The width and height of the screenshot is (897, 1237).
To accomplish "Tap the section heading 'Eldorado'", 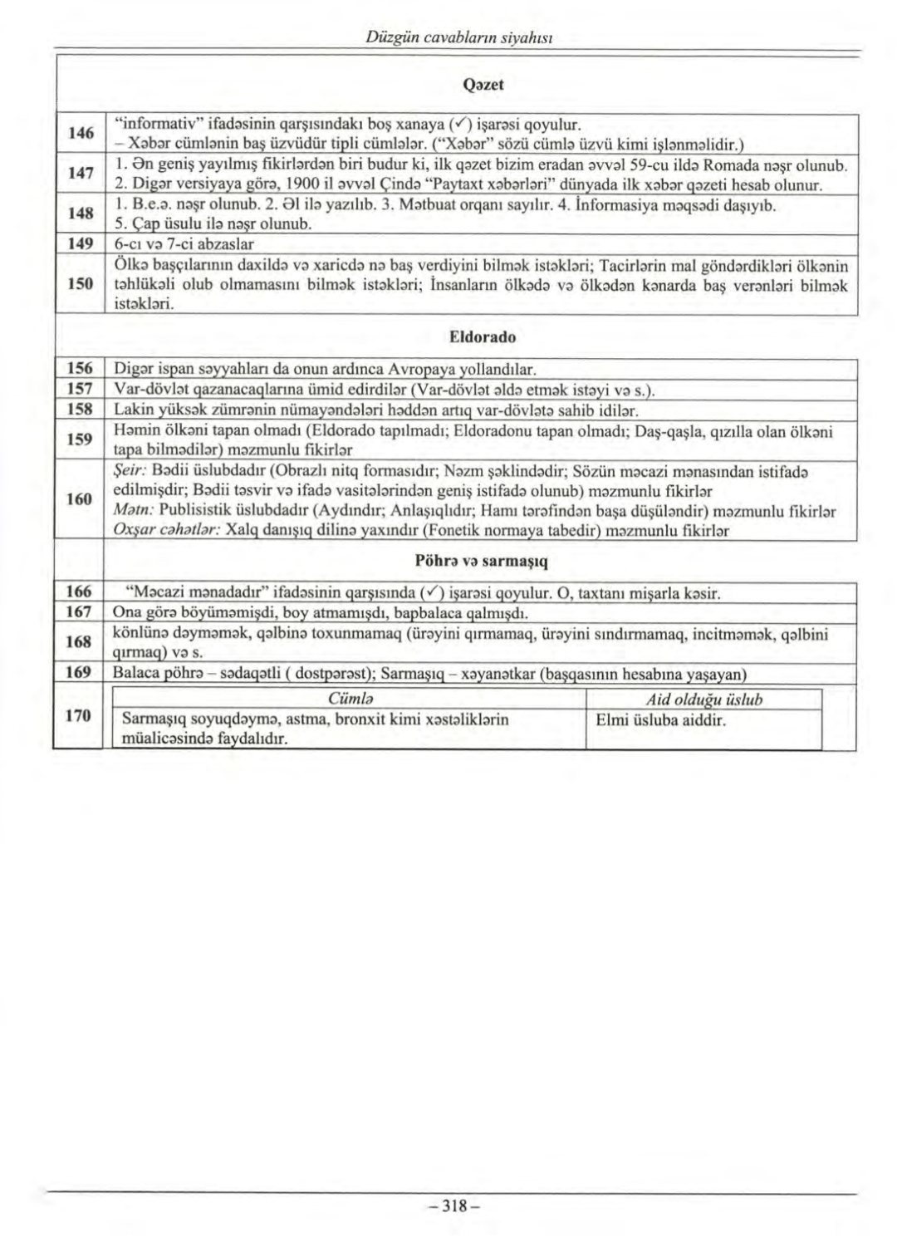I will click(482, 337).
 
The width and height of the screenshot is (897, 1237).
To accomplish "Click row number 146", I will click(80, 133).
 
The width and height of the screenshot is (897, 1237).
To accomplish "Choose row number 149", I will click(80, 244).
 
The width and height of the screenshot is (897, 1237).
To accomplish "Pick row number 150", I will click(80, 284).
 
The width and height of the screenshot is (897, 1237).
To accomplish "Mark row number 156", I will click(80, 368).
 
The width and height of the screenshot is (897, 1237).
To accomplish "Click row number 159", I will click(80, 439).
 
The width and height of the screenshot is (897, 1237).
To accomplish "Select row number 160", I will click(80, 498).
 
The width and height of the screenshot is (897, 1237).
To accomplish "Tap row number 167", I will click(80, 613).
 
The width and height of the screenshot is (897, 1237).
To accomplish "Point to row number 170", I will click(80, 716).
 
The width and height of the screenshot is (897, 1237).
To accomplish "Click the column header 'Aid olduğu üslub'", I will click(703, 699).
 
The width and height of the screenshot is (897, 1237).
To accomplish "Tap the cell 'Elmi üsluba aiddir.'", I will click(661, 719).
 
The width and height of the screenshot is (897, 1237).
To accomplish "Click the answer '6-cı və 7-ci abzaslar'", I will click(184, 244).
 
